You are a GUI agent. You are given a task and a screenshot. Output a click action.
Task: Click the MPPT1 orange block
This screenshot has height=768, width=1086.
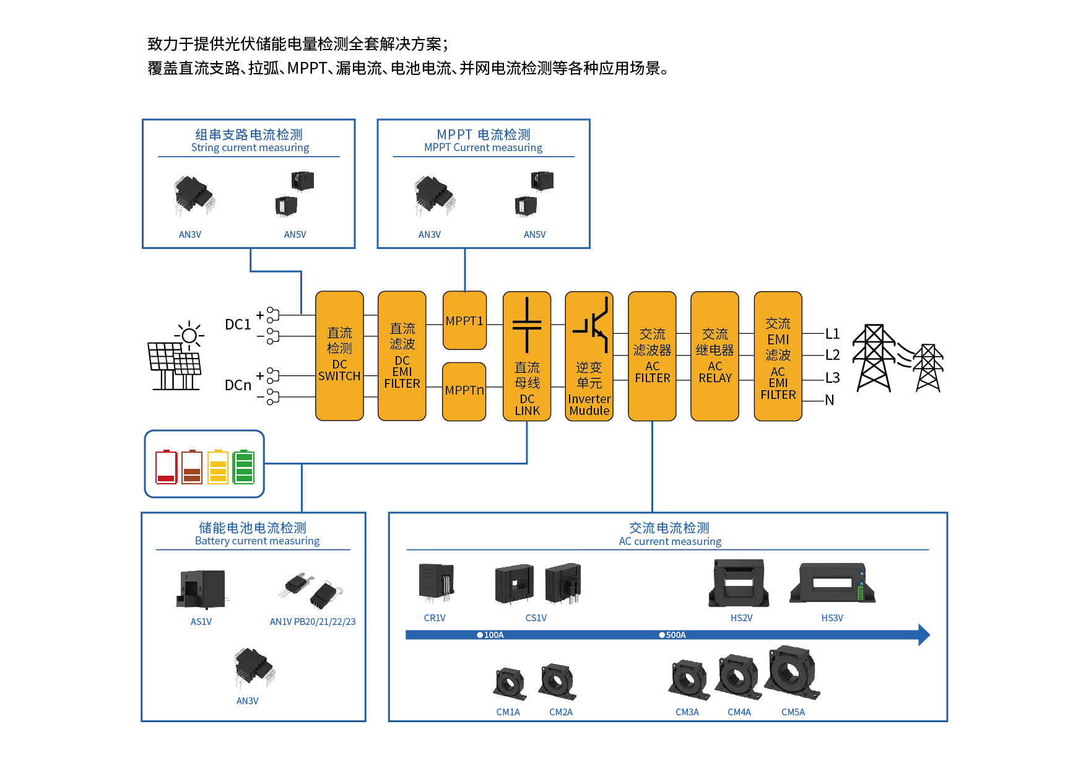(464, 321)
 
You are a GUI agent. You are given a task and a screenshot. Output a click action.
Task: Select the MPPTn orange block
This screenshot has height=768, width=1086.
(464, 391)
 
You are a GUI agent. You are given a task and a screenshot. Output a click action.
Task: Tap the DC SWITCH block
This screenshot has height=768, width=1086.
(339, 356)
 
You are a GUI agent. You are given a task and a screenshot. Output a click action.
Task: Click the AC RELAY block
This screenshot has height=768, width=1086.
(715, 356)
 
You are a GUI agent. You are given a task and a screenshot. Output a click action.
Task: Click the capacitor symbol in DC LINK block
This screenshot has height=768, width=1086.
(527, 325)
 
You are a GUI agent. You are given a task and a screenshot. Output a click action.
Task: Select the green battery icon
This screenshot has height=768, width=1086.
(243, 466)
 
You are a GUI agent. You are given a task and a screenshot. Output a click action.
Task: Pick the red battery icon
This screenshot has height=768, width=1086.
(166, 466)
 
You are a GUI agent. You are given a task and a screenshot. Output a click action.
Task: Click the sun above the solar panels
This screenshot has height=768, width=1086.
(189, 336)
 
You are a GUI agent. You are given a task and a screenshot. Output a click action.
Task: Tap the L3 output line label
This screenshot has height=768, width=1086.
(832, 378)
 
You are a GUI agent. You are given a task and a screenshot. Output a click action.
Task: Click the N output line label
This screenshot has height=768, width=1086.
(830, 400)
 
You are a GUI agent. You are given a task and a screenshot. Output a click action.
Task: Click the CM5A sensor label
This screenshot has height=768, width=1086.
(793, 712)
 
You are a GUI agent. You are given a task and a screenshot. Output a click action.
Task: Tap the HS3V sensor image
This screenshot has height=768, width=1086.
(832, 583)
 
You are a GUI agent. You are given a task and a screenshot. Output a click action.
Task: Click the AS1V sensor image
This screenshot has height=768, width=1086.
(202, 589)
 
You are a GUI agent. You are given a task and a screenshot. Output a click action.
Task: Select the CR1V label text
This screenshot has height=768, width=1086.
(434, 618)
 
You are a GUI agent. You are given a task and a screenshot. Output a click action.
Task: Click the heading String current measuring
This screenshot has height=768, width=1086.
(250, 147)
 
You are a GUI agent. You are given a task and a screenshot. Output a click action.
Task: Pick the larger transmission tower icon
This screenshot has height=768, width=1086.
(874, 358)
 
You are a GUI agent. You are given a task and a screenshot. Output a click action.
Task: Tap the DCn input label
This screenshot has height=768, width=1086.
(238, 385)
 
